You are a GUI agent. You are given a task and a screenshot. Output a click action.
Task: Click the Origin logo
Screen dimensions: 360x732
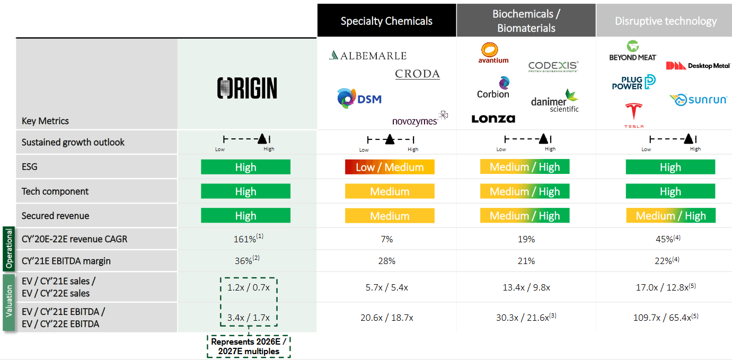pyautogui.click(x=247, y=88)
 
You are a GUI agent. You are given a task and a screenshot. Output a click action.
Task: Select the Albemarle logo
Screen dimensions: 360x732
pyautogui.click(x=367, y=56)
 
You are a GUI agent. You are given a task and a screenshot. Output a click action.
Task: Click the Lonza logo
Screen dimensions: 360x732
pyautogui.click(x=493, y=119)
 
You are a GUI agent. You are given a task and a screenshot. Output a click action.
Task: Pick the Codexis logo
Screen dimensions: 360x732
pyautogui.click(x=553, y=66)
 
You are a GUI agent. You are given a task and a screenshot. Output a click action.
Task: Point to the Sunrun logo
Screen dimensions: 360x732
pyautogui.click(x=698, y=100)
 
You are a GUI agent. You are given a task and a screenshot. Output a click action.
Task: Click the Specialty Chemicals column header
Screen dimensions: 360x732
pyautogui.click(x=386, y=21)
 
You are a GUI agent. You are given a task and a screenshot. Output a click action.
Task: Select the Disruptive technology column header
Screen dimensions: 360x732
pyautogui.click(x=665, y=21)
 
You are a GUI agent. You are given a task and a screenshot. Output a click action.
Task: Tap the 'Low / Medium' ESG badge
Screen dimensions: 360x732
pyautogui.click(x=389, y=168)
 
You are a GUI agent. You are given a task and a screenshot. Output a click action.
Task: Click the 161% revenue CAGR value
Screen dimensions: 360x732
pyautogui.click(x=245, y=239)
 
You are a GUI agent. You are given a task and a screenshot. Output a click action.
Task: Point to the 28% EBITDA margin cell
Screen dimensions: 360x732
pyautogui.click(x=386, y=261)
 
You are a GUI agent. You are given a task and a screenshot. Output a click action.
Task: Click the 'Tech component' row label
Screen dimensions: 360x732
pyautogui.click(x=55, y=191)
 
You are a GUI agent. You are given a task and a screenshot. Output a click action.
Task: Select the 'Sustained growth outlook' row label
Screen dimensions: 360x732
pyautogui.click(x=73, y=142)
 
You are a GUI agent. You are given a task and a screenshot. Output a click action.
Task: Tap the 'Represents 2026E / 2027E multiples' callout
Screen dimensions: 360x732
pyautogui.click(x=249, y=346)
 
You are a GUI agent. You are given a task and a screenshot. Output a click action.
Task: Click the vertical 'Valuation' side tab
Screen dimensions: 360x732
pyautogui.click(x=9, y=302)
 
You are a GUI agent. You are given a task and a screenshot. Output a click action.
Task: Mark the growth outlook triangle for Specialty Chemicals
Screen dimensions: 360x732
pyautogui.click(x=390, y=140)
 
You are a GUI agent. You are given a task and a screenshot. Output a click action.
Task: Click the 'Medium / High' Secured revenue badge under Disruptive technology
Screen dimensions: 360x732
pyautogui.click(x=670, y=216)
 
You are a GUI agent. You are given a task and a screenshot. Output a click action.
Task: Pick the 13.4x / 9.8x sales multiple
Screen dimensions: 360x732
pyautogui.click(x=526, y=287)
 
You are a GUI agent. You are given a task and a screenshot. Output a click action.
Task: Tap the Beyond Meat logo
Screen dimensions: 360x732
pyautogui.click(x=633, y=51)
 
